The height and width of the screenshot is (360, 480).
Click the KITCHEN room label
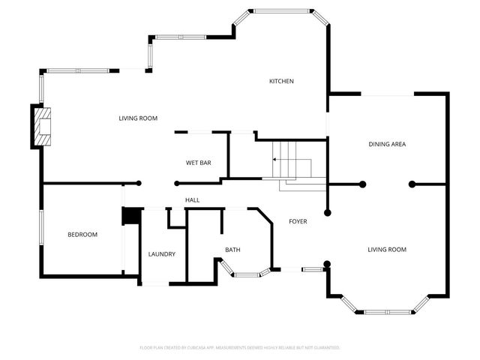tap(282, 81)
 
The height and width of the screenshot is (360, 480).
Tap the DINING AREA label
tap(387, 144)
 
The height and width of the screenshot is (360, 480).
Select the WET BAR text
tap(198, 163)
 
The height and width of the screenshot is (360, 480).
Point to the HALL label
tap(192, 200)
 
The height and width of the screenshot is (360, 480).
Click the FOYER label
tap(298, 221)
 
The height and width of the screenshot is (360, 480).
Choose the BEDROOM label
tap(82, 235)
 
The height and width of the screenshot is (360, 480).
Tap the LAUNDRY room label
tap(161, 254)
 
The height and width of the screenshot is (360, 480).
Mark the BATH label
tap(232, 250)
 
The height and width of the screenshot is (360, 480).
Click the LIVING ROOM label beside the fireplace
tap(138, 118)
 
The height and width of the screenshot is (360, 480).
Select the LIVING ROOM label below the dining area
tap(387, 250)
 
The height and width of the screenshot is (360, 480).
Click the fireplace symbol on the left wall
tap(43, 127)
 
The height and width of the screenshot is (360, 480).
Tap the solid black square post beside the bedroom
tap(131, 215)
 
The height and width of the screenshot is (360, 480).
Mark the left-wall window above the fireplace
tap(40, 88)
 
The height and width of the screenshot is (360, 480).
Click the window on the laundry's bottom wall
tap(156, 283)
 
